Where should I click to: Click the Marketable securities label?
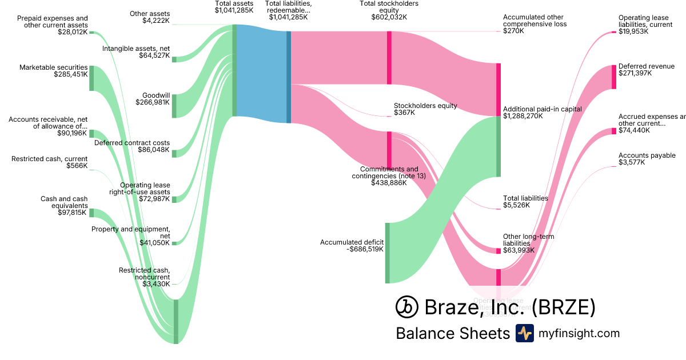53,67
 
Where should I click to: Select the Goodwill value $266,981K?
153,103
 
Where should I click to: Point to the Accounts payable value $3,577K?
631,163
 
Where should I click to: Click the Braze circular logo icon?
406,307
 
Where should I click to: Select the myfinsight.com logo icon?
525,333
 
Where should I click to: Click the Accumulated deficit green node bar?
387,253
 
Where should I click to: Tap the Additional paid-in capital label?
542,109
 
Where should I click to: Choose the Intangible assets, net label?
136,49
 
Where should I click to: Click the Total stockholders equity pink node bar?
389,58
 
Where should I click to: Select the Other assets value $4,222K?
156,21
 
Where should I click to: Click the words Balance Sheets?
453,334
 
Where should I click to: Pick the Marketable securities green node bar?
91,78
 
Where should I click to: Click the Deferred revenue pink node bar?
614,77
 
